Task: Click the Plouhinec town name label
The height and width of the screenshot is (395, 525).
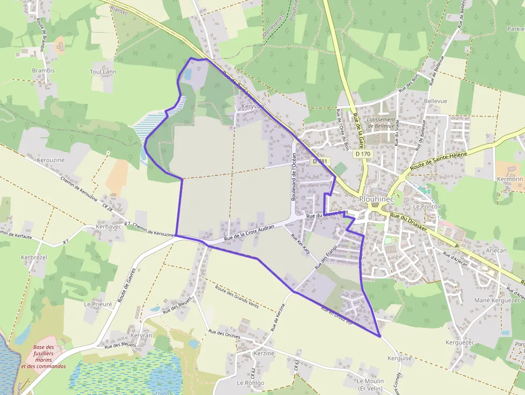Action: pyautogui.click(x=376, y=199)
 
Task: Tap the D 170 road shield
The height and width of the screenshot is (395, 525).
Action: pyautogui.click(x=363, y=154)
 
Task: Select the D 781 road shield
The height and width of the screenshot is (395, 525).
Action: pyautogui.click(x=320, y=161)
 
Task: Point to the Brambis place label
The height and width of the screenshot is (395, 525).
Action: pyautogui.click(x=43, y=71)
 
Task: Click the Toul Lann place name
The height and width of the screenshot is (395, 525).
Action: pyautogui.click(x=103, y=71)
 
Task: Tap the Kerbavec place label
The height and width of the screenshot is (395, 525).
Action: pyautogui.click(x=108, y=227)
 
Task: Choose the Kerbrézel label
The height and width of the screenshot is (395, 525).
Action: pyautogui.click(x=34, y=257)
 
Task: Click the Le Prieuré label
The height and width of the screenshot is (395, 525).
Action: pyautogui.click(x=98, y=303)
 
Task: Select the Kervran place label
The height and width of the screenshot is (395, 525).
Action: pyautogui.click(x=141, y=335)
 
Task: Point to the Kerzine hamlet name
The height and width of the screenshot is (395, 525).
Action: pyautogui.click(x=264, y=353)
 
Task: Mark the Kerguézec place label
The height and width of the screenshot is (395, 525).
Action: pyautogui.click(x=460, y=342)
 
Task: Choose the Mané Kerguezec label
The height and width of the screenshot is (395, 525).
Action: pyautogui.click(x=498, y=300)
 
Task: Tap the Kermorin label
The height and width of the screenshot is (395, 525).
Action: pyautogui.click(x=509, y=179)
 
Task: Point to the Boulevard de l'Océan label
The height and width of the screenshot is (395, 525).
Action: pyautogui.click(x=294, y=176)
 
